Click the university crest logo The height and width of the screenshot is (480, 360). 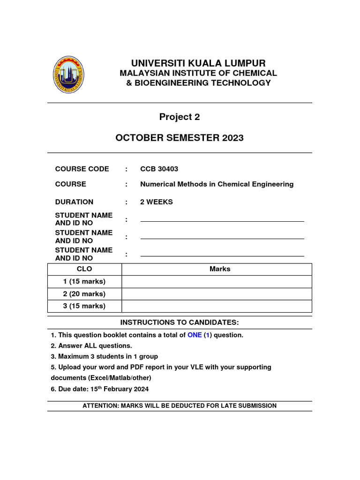(69, 75)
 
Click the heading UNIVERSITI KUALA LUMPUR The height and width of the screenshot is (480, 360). (198, 63)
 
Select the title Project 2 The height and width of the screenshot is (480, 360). (180, 117)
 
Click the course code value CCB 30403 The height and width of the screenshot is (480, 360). (159, 169)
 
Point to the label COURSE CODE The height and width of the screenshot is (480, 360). (82, 169)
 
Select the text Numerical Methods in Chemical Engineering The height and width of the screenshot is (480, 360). (217, 184)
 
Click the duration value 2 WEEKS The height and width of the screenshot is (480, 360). (157, 202)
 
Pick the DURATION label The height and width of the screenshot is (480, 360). (74, 202)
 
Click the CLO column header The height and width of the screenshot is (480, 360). (84, 269)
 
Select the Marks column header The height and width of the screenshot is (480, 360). (220, 269)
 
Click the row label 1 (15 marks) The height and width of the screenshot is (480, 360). (84, 282)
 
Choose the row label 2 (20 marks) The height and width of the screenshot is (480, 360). (84, 294)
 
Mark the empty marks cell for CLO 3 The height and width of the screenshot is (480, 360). (217, 306)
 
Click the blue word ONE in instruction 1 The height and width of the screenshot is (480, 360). (195, 335)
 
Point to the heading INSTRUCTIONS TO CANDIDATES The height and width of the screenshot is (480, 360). (180, 322)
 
